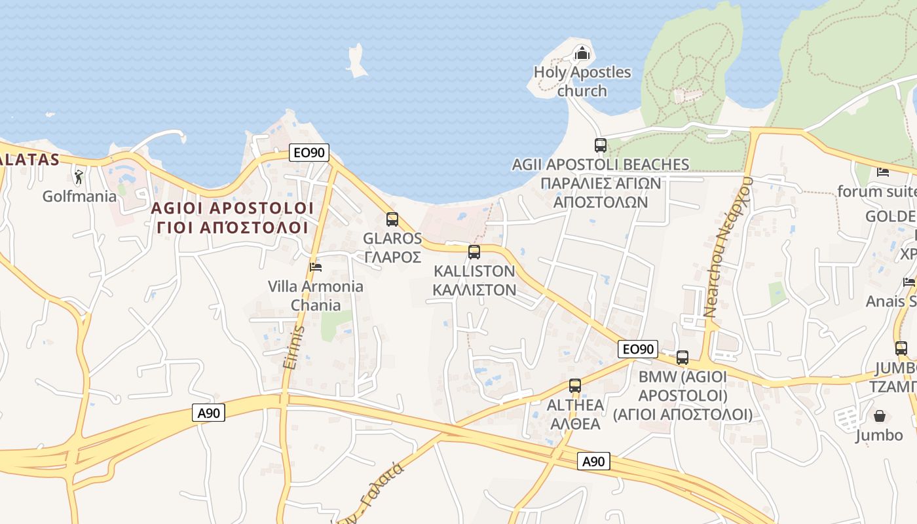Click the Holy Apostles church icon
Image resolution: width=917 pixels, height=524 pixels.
click(x=582, y=52)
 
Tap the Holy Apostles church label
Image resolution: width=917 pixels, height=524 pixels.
click(x=582, y=81)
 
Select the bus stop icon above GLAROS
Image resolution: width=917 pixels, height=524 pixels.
click(x=392, y=219)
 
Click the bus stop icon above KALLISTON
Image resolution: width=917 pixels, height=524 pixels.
click(x=474, y=252)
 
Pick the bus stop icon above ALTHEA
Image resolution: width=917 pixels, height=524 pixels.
click(x=575, y=386)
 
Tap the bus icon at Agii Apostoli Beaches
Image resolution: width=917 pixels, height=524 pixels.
click(x=601, y=145)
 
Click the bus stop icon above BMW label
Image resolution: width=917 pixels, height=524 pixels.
click(x=683, y=358)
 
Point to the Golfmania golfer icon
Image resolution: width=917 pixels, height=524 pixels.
click(x=79, y=177)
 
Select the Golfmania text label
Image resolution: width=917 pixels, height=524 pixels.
click(x=79, y=196)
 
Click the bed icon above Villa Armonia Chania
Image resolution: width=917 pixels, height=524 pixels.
click(x=316, y=267)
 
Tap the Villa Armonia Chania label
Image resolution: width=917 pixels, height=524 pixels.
click(x=316, y=295)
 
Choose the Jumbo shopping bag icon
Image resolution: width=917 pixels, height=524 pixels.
click(x=879, y=416)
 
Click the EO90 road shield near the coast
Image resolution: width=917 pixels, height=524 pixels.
click(x=309, y=153)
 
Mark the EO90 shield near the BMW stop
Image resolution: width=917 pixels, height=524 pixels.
click(x=637, y=349)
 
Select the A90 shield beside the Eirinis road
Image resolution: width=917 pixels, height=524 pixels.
click(x=209, y=413)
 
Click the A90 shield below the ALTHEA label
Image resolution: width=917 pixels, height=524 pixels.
click(x=593, y=461)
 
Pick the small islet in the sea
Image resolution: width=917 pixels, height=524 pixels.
click(x=356, y=61)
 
